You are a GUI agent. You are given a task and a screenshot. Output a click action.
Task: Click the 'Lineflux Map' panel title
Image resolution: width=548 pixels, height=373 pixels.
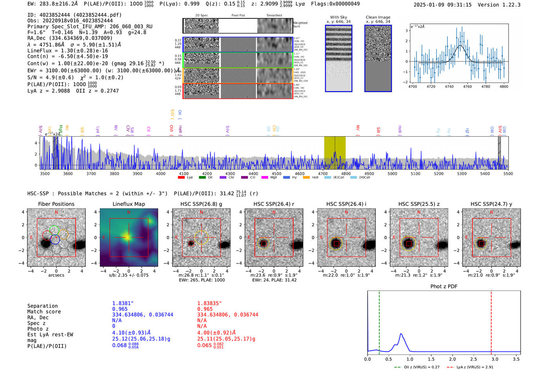coord(128,204)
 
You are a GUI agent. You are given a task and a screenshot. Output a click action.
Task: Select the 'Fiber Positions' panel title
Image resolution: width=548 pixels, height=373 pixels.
coord(56,204)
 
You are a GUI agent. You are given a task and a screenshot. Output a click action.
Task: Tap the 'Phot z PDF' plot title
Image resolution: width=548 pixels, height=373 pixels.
coord(443,287)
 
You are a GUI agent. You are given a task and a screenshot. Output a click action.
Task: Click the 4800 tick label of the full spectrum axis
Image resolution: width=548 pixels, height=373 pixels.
coord(346,174)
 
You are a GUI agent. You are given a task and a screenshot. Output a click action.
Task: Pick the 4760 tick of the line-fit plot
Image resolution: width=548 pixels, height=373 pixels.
coord(467,86)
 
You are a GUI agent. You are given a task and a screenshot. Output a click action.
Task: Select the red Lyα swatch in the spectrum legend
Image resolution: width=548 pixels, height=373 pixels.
coord(181,178)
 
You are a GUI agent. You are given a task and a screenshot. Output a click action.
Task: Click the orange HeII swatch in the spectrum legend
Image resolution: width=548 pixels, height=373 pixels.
coord(306,178)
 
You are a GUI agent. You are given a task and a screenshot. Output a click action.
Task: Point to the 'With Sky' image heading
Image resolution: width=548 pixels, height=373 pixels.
coord(339,17)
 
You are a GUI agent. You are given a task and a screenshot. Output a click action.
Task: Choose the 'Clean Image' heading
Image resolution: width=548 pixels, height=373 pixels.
coord(378,17)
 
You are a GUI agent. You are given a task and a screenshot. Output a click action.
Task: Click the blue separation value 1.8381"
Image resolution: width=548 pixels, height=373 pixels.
coord(123,303)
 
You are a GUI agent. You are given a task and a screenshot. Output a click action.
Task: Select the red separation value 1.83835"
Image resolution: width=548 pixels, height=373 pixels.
coord(209,303)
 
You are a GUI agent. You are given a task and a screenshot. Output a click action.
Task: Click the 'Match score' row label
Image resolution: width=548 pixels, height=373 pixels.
coord(44,312)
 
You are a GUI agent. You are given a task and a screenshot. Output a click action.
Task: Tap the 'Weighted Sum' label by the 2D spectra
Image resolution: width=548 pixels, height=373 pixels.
coord(300,25)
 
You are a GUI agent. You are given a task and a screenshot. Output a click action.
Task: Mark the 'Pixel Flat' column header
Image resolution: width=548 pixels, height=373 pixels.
coord(238,16)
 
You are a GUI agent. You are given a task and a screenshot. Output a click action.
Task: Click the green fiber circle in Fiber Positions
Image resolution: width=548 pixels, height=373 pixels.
coord(54,231)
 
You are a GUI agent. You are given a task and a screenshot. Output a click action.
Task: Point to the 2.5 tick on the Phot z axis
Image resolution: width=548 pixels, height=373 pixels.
coord(474,359)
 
